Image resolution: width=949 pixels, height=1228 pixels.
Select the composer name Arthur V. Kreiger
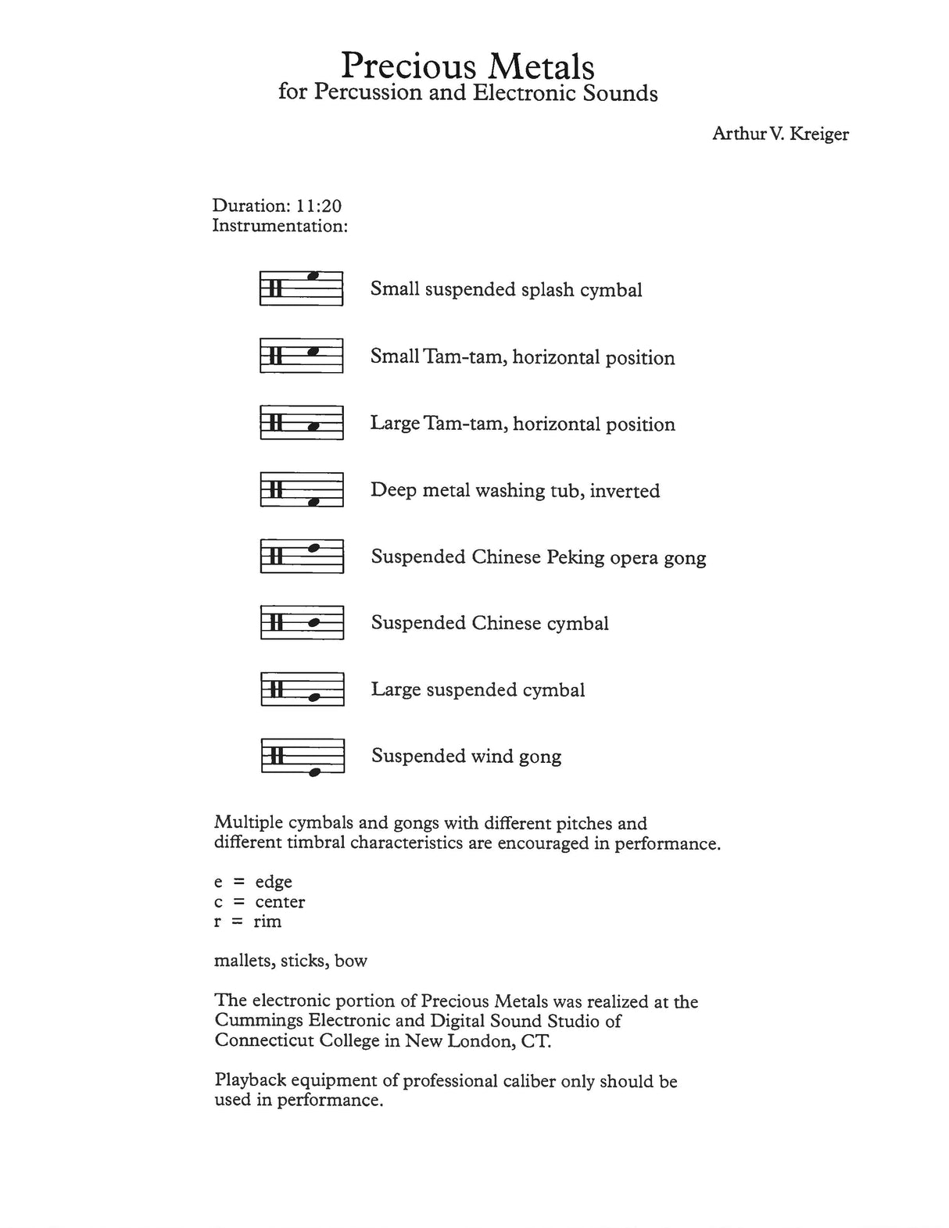click(x=779, y=134)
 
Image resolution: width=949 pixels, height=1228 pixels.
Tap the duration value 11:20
click(x=318, y=206)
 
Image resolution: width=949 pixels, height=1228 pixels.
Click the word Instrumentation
click(x=279, y=227)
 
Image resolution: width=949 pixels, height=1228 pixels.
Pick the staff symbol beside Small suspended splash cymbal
click(x=301, y=288)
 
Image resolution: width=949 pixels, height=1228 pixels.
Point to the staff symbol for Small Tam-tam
click(x=301, y=355)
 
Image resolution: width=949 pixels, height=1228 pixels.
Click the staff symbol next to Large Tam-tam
click(x=301, y=422)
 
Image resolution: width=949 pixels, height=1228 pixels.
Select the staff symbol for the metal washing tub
click(x=301, y=489)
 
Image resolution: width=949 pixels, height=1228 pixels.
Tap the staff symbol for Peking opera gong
click(x=301, y=556)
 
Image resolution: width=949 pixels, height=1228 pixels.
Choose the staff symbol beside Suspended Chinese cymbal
click(x=301, y=622)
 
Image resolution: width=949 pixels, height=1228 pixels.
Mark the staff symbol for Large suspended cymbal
click(x=301, y=689)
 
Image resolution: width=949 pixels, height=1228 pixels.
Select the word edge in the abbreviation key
click(x=274, y=882)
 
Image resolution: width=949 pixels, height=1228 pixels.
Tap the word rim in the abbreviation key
click(x=267, y=922)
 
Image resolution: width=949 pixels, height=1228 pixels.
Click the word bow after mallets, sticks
click(x=351, y=961)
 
